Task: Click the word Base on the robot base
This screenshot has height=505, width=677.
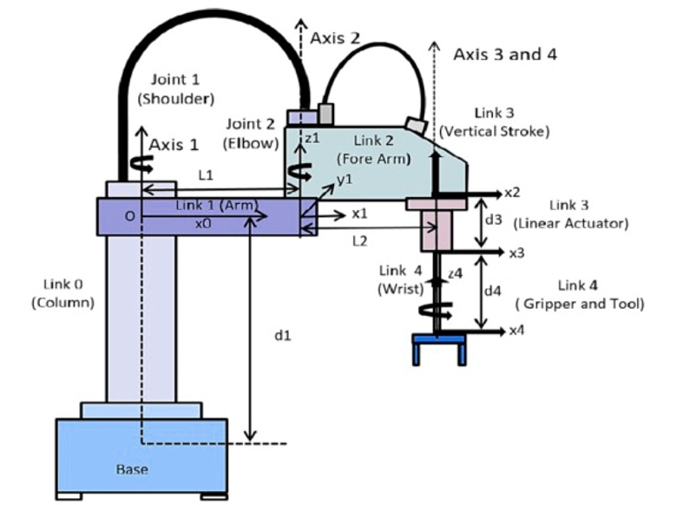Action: coord(132,469)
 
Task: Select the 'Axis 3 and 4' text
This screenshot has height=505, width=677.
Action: coord(505,55)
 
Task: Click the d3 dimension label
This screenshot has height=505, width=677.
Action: coord(493,220)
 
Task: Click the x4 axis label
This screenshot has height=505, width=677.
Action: coord(516,331)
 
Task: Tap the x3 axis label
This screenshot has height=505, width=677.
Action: coord(516,253)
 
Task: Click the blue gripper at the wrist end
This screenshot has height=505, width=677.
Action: coord(437,346)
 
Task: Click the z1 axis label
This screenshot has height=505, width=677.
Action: coord(312,139)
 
